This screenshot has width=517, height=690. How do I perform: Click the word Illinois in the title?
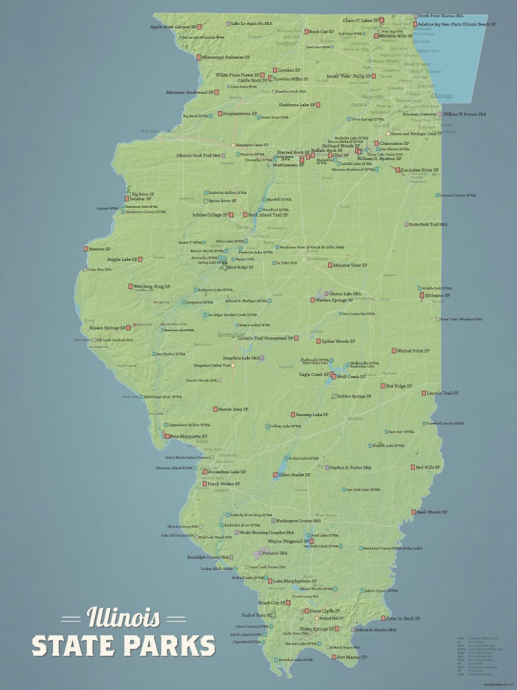tap(123, 616)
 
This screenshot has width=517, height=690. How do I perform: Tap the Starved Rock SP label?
tap(292, 152)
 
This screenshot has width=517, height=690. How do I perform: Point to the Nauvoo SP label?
tap(99, 248)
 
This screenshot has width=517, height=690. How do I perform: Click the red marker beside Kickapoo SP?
tap(423, 295)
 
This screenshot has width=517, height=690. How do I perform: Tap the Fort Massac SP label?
tap(352, 657)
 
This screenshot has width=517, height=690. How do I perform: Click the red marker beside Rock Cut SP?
tap(306, 31)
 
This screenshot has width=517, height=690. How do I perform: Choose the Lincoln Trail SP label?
tap(443, 393)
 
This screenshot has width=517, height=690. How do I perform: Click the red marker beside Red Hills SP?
tap(412, 467)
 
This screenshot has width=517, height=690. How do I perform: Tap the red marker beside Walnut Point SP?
tap(393, 351)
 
